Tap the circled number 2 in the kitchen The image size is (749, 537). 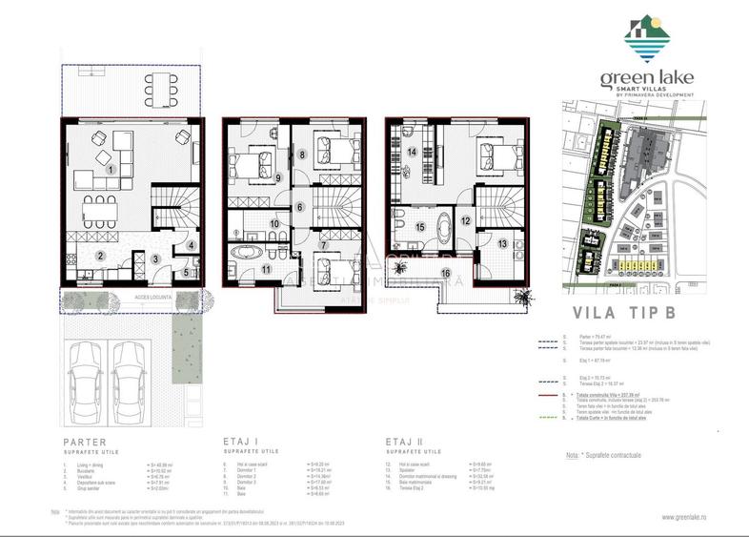pos(99,256)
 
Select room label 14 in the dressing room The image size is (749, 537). pos(413,152)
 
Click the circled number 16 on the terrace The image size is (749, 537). pos(445,274)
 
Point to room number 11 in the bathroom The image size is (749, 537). pos(267,270)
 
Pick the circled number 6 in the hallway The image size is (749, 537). pos(298,207)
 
